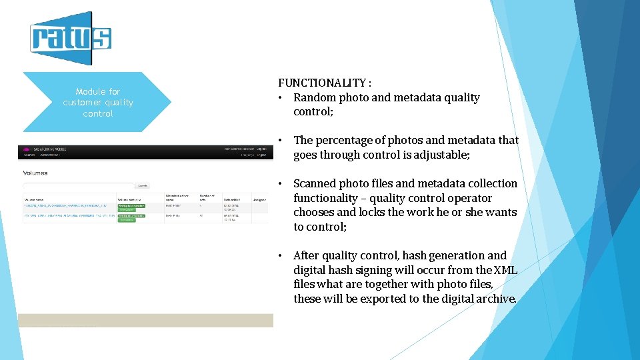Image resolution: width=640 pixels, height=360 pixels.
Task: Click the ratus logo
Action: click(71, 38)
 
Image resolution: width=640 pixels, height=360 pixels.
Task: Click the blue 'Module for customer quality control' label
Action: click(98, 102)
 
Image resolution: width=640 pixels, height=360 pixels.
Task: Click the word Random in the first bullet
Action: click(315, 97)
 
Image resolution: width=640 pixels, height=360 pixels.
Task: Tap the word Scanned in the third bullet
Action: click(315, 183)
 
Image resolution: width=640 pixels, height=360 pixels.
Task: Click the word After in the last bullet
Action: click(306, 255)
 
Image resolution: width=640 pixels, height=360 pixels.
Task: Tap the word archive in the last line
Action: click(495, 299)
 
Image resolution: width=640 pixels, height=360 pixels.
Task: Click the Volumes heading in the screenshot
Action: click(36, 173)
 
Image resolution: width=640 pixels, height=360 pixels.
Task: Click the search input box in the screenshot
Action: click(79, 185)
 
